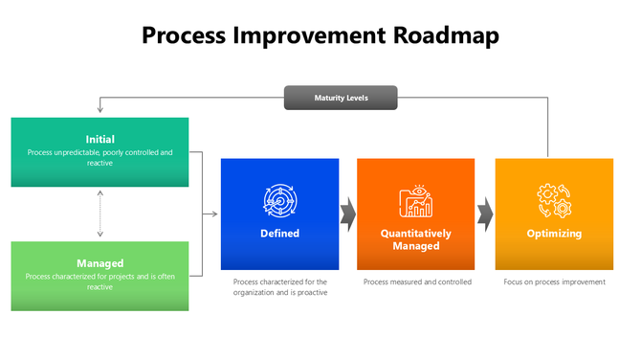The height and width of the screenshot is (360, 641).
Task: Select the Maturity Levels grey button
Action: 341,98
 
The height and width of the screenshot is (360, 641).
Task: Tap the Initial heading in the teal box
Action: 99,139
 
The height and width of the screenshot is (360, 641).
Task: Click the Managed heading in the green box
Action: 99,262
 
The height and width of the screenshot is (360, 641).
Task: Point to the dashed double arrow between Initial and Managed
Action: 99,214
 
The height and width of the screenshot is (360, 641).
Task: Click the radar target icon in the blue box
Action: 279,200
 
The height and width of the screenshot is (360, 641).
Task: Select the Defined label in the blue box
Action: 279,234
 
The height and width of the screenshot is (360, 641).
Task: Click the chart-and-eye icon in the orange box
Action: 415,201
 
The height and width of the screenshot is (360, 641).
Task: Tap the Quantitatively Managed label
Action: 415,239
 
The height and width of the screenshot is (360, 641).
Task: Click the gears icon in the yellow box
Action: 554,201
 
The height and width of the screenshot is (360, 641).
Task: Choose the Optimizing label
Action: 554,234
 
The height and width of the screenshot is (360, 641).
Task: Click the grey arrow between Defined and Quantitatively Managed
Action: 348,214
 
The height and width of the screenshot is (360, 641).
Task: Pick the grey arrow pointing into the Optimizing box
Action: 485,214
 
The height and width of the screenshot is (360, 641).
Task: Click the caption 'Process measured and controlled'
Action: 417,282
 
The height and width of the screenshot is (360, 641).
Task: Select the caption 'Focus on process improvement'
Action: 554,282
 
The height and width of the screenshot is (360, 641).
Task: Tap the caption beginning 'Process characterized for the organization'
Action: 279,287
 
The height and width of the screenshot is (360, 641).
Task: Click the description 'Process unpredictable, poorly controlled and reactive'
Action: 99,157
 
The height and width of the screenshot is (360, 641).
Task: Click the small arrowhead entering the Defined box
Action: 216,214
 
